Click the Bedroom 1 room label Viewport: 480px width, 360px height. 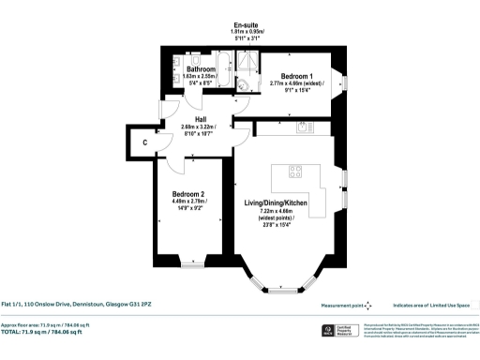click(x=292, y=75)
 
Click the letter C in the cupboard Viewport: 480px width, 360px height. click(x=146, y=142)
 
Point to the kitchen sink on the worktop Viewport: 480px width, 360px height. click(x=303, y=126)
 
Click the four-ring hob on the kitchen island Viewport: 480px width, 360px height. click(x=294, y=171)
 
